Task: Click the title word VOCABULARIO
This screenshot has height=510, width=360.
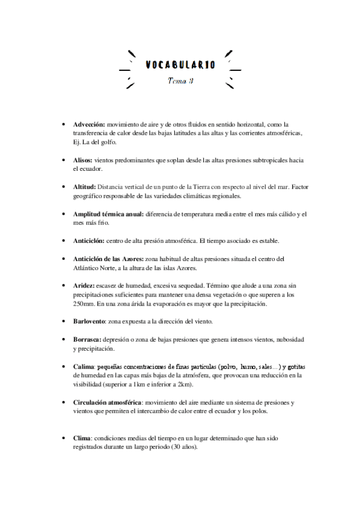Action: (x=180, y=64)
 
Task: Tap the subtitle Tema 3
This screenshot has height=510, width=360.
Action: (x=180, y=81)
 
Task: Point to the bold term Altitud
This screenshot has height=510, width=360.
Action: (x=84, y=187)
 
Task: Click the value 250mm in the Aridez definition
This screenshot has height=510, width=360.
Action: (x=82, y=304)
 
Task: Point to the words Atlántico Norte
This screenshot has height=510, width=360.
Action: (x=97, y=268)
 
